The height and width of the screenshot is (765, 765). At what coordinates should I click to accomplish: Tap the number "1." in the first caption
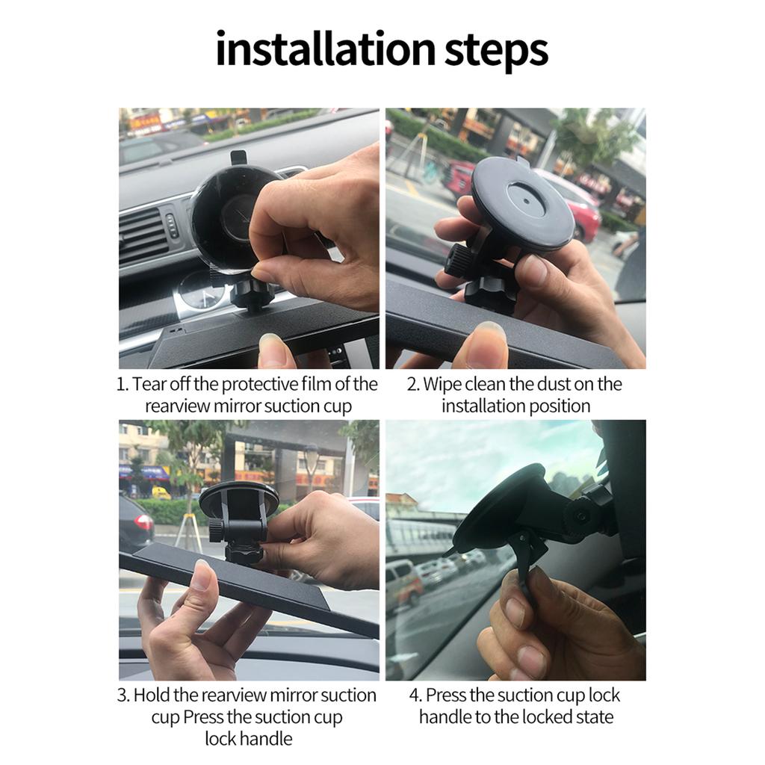point(123,385)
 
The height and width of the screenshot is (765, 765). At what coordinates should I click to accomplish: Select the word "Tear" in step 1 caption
point(149,385)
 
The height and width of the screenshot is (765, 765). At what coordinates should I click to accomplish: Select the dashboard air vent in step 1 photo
point(143,235)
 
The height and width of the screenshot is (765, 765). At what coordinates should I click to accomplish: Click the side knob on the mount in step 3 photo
point(216,530)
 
